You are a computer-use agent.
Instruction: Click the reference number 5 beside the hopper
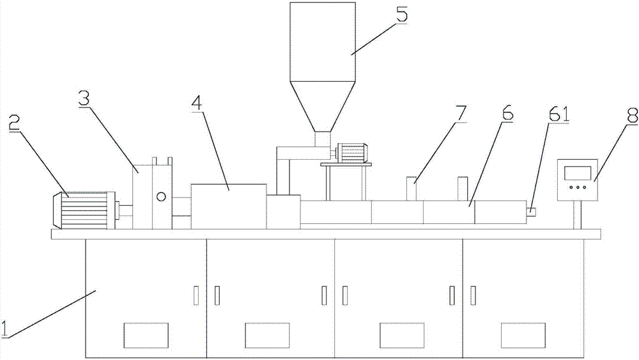401,15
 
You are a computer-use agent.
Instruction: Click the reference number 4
197,103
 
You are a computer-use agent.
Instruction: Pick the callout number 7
461,113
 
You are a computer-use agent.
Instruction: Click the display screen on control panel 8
578,173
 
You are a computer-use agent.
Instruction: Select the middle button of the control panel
578,188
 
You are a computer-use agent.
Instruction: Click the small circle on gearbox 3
162,197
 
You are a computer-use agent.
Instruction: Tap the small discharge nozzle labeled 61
530,212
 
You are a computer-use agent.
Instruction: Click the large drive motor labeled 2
84,210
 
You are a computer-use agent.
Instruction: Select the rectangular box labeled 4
229,207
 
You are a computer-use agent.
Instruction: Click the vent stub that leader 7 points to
412,189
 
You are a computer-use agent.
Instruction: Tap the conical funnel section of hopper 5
322,106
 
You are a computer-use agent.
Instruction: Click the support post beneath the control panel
578,215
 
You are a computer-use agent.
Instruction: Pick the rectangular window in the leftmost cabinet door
146,335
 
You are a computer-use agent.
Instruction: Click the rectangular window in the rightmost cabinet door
523,335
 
